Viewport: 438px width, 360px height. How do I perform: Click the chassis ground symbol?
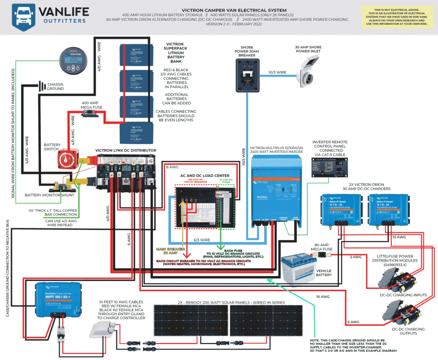41,86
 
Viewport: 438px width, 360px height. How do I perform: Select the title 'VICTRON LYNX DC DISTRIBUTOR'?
125,150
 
